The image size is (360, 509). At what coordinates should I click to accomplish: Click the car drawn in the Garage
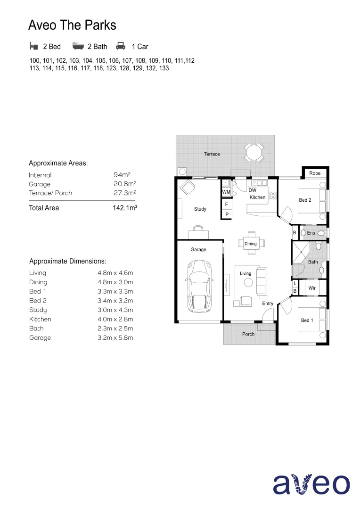pyautogui.click(x=199, y=286)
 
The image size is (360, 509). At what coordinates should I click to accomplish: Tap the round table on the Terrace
pyautogui.click(x=254, y=152)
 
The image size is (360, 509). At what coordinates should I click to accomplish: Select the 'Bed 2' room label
pyautogui.click(x=305, y=200)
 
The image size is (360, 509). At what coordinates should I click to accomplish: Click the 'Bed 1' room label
pyautogui.click(x=307, y=320)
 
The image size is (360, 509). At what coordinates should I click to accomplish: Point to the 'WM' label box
pyautogui.click(x=226, y=192)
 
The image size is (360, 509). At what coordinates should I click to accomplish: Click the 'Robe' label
pyautogui.click(x=315, y=173)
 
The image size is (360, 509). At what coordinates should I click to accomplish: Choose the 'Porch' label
pyautogui.click(x=248, y=334)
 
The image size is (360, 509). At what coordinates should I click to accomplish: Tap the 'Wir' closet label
pyautogui.click(x=312, y=287)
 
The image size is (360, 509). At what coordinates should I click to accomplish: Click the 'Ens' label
pyautogui.click(x=311, y=233)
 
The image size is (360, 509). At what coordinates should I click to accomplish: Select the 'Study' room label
pyautogui.click(x=200, y=209)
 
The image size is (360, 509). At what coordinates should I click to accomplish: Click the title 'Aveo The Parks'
pyautogui.click(x=72, y=25)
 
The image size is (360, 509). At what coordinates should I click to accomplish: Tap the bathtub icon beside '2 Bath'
pyautogui.click(x=78, y=46)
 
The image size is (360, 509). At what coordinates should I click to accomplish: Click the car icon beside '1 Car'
pyautogui.click(x=121, y=46)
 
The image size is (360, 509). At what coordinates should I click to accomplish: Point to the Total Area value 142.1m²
pyautogui.click(x=125, y=208)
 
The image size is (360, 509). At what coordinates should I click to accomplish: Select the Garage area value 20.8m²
pyautogui.click(x=125, y=184)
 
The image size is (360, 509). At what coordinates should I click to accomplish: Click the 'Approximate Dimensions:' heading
pyautogui.click(x=67, y=261)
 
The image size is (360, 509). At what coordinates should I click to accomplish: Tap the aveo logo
pyautogui.click(x=311, y=484)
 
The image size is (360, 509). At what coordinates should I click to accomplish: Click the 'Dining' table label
pyautogui.click(x=251, y=244)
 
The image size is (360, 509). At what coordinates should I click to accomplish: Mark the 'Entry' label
pyautogui.click(x=268, y=304)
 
